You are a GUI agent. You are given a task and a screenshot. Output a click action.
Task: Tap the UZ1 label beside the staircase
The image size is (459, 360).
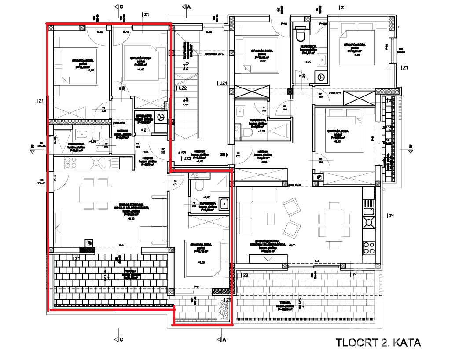(223, 83)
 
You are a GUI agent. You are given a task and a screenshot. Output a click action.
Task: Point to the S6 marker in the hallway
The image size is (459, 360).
(223, 154)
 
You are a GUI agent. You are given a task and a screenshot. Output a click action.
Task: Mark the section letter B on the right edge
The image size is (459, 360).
(411, 147)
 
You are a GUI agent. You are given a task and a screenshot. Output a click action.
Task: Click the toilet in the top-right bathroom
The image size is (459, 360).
(301, 34)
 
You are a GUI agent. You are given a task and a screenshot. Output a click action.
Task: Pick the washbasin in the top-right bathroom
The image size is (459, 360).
(322, 59)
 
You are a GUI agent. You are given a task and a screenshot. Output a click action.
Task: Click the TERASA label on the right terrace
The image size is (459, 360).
(286, 303)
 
